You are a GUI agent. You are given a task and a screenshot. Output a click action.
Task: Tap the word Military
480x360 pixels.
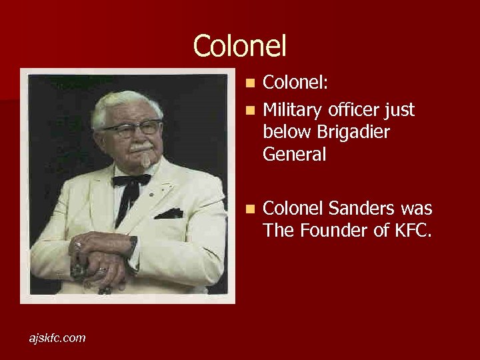[291, 110]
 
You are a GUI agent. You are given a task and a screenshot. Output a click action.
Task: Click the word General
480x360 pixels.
[295, 155]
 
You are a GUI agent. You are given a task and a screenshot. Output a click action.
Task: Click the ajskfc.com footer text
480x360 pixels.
[57, 338]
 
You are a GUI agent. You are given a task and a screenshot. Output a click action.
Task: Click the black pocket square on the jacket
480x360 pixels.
[169, 213]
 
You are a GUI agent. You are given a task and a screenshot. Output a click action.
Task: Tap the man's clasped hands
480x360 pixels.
[100, 260]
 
